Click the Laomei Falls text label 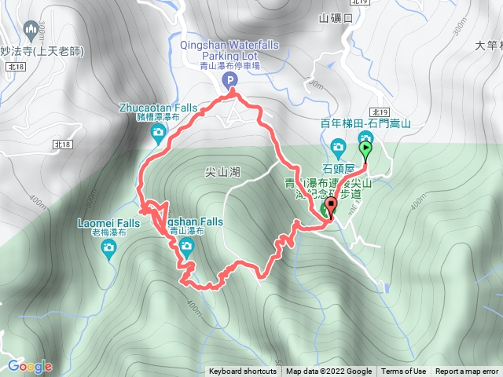tap(108, 223)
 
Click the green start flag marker tap(365, 148)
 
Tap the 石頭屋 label tap(339, 167)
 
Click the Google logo tap(29, 366)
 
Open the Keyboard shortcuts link tap(242, 372)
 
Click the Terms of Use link tap(404, 372)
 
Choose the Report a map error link tap(468, 372)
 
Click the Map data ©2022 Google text tap(329, 372)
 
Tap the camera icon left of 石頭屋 tap(338, 146)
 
